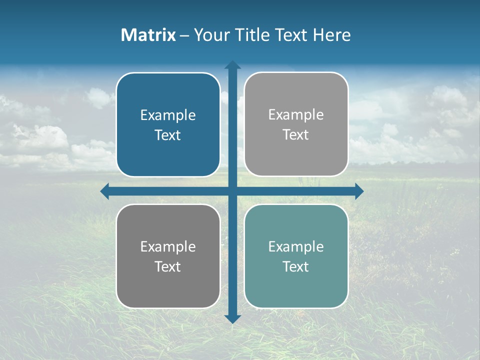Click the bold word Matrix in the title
[148, 35]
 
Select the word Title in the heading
[254, 35]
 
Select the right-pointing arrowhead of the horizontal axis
[359, 191]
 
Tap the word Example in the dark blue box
[168, 115]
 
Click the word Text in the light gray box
[296, 135]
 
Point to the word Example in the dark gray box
[168, 247]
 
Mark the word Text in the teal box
[296, 266]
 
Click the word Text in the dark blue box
[168, 135]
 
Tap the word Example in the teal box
[296, 247]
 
